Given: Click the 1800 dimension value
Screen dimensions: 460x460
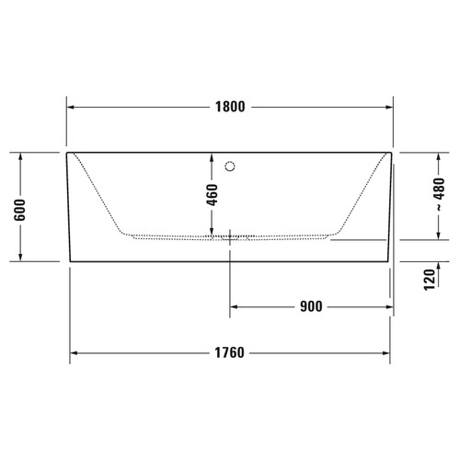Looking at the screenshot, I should [x=230, y=106].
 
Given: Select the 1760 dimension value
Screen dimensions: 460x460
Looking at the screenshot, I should [x=230, y=353].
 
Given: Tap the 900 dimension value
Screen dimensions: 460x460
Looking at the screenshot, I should [x=310, y=307].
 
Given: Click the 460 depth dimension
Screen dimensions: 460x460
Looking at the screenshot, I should [x=212, y=196].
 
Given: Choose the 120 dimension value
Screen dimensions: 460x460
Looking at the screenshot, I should [x=429, y=280].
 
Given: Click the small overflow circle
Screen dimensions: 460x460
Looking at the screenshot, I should [x=231, y=167].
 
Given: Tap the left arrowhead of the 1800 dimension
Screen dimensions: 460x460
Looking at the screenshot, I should [x=72, y=106].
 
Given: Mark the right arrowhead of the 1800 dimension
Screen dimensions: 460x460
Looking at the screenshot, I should [x=389, y=106].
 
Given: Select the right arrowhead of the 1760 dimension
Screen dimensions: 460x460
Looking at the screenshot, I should [x=386, y=353].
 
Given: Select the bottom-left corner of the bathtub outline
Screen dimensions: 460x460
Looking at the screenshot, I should [x=71, y=261].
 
